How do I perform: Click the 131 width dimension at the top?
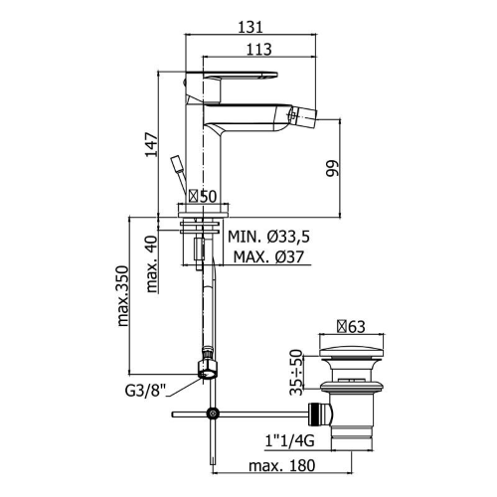(250, 27)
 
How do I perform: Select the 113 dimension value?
(258, 50)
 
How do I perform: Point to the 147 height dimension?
(151, 144)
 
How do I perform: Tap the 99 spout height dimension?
(332, 168)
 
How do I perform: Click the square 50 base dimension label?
(203, 196)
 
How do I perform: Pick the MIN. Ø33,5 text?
(268, 237)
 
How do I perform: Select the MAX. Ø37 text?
(268, 256)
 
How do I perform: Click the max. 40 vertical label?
(151, 263)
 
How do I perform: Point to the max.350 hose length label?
(122, 296)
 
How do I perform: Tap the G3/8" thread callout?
(145, 391)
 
